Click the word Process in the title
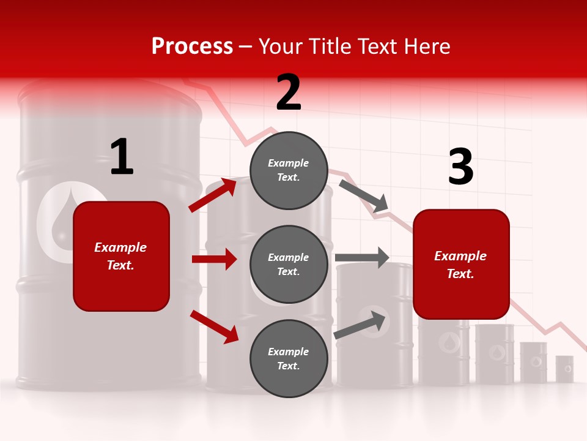point(192,47)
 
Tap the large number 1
point(122,157)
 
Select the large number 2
point(289,93)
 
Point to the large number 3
point(460,167)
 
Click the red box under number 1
point(121,256)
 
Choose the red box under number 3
point(461,265)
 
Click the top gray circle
point(289,170)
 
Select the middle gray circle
point(289,264)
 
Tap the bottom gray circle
point(289,358)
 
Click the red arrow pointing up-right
point(213,195)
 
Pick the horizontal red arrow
point(214,259)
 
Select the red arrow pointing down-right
point(214,326)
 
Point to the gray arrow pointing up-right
point(361,325)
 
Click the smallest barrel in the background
point(564,369)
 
